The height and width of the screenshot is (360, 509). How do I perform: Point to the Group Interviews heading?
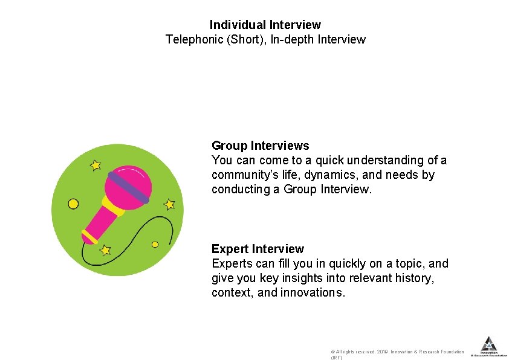pos(260,146)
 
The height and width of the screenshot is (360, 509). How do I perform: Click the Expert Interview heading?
pos(258,249)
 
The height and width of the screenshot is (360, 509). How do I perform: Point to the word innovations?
pos(313,293)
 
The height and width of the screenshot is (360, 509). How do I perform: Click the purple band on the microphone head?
pos(128,186)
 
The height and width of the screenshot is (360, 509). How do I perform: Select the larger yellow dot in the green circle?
pos(73,204)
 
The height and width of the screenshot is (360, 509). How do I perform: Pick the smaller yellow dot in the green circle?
pos(155,245)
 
